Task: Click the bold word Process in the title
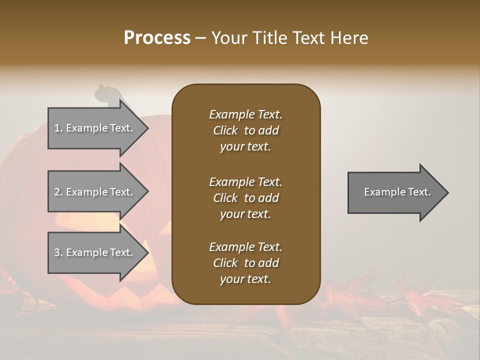tap(157, 38)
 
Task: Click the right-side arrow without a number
tap(395, 192)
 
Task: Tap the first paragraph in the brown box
tap(245, 130)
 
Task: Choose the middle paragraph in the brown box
tap(245, 198)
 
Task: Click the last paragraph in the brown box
tap(245, 263)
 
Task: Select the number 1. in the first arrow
tap(58, 128)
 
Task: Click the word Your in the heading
tap(228, 38)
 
